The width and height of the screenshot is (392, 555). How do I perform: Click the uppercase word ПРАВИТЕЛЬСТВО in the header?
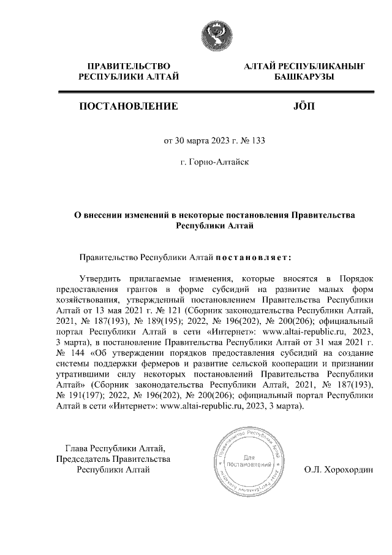coord(129,66)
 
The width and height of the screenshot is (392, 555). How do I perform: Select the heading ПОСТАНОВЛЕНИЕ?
coord(129,106)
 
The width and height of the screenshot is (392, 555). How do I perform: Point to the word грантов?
coord(144,289)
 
